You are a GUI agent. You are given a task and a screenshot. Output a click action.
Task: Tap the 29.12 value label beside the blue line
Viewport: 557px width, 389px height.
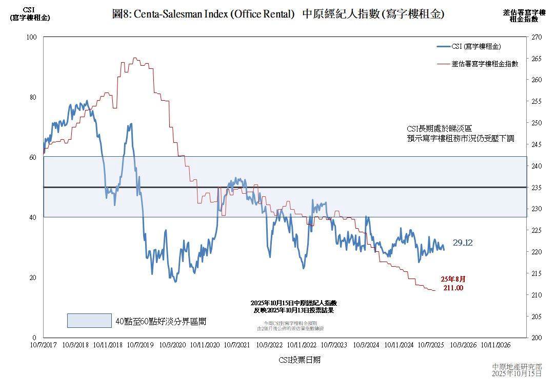pyautogui.click(x=463, y=243)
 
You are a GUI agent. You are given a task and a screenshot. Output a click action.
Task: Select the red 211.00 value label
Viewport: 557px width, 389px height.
pyautogui.click(x=453, y=288)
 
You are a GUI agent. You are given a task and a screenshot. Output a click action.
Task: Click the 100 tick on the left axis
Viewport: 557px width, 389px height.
pyautogui.click(x=32, y=37)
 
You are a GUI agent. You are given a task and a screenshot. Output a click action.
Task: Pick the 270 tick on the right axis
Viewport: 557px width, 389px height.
pyautogui.click(x=537, y=37)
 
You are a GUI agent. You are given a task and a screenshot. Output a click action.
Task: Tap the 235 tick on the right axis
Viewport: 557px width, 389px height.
pyautogui.click(x=537, y=188)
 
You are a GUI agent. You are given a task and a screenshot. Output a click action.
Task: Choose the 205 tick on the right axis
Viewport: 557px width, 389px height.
pyautogui.click(x=537, y=317)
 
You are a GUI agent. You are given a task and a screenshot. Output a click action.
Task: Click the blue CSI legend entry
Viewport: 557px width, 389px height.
pyautogui.click(x=469, y=46)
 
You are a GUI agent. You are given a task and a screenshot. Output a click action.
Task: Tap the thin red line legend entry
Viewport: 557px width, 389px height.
pyautogui.click(x=478, y=64)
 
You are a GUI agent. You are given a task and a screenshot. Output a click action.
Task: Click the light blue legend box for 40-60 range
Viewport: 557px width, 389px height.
pyautogui.click(x=89, y=321)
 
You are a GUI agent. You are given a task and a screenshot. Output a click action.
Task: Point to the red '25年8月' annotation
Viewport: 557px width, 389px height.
pyautogui.click(x=453, y=279)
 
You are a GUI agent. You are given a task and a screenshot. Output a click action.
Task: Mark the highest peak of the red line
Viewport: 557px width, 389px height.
pyautogui.click(x=134, y=58)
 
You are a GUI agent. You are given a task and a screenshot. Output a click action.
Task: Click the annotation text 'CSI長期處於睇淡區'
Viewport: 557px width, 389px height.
pyautogui.click(x=439, y=128)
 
